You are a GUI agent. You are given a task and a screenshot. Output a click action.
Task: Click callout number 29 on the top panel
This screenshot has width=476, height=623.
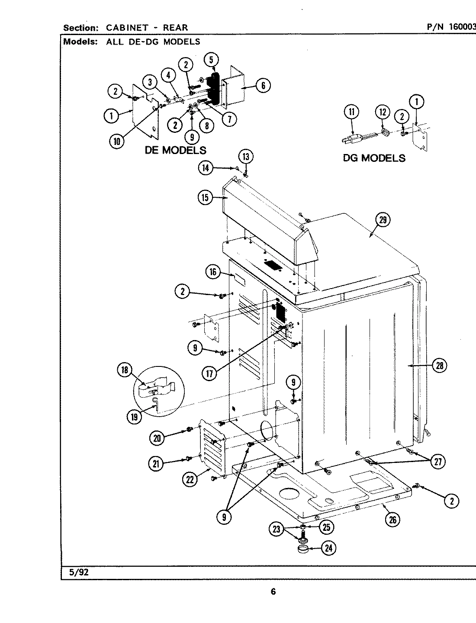pos(383,220)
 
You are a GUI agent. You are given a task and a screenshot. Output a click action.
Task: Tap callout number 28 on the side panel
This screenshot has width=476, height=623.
pos(440,366)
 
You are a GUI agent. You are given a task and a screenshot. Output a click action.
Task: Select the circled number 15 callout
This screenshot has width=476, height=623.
pos(205,198)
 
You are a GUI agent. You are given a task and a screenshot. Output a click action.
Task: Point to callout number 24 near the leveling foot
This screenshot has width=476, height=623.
pos(328,549)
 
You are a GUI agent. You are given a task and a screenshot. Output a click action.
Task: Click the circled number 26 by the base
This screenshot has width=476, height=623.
pos(392,520)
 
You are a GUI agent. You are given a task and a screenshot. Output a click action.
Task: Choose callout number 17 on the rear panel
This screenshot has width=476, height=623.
pos(210,373)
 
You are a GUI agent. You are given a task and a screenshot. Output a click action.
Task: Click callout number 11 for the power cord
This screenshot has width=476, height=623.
pos(351,112)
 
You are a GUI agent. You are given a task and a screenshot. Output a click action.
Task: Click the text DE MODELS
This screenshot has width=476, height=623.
pos(175,150)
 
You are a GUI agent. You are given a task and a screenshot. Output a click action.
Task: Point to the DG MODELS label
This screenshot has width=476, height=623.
pos(374,158)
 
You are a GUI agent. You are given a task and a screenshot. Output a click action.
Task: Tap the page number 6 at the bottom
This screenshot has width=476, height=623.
pos(273,592)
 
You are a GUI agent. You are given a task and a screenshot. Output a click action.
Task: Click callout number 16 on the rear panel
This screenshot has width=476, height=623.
pos(213,272)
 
